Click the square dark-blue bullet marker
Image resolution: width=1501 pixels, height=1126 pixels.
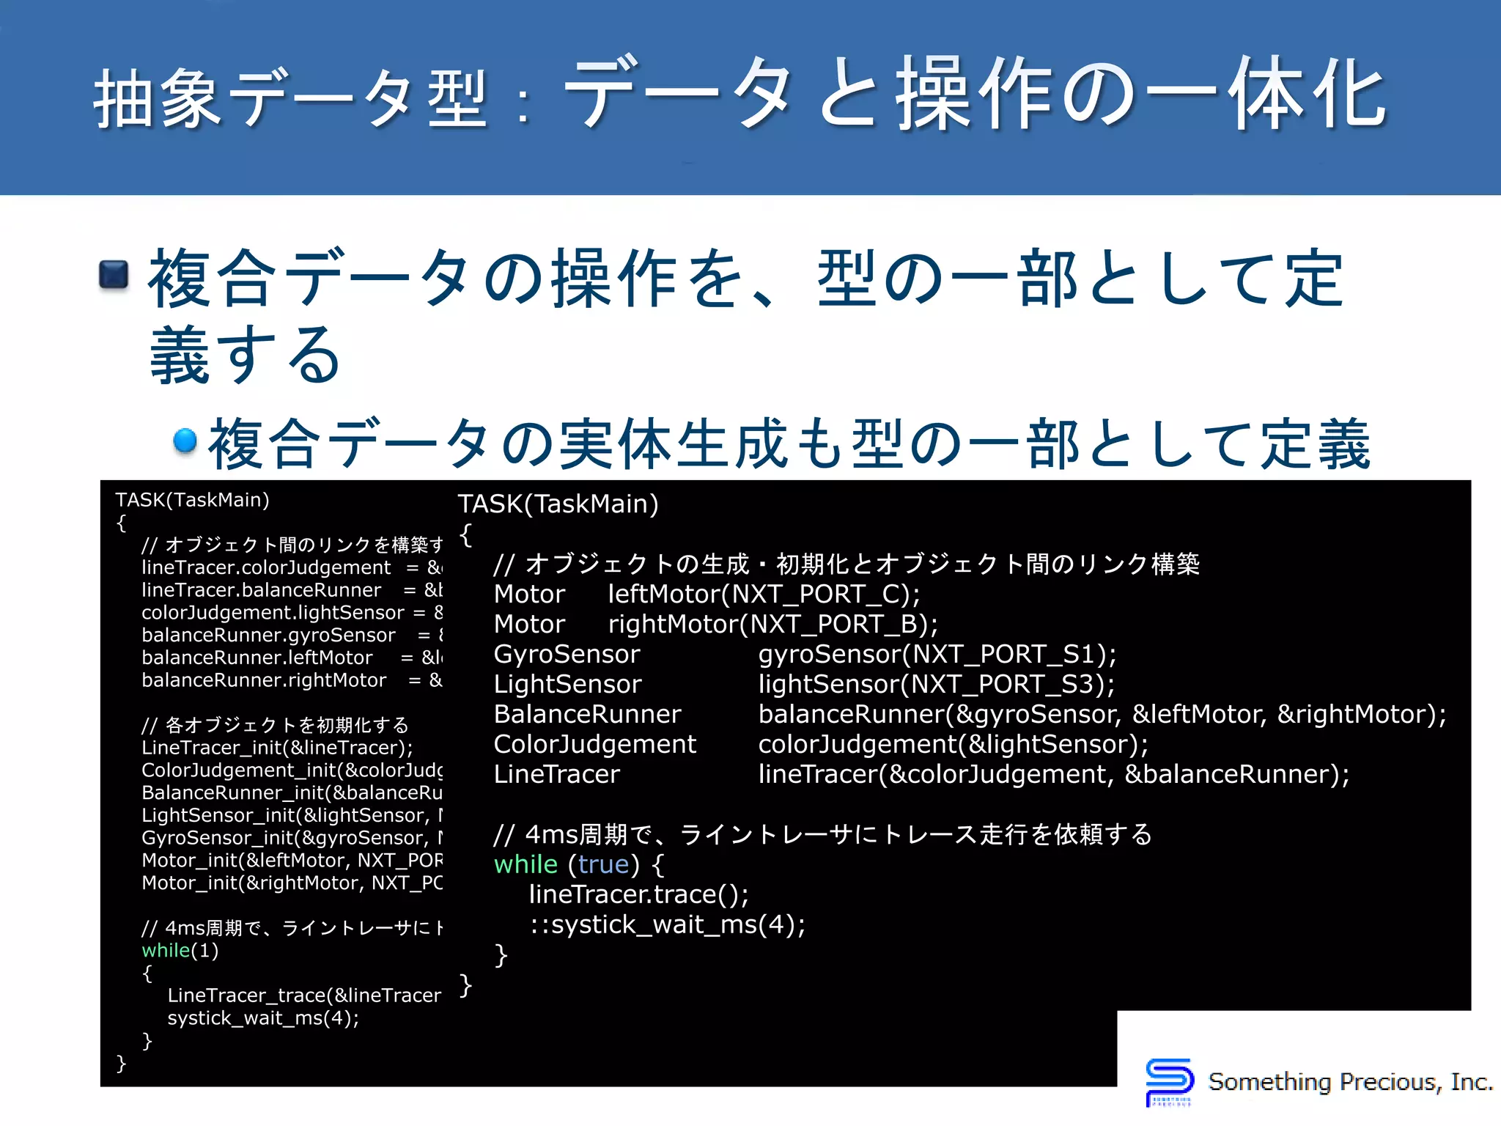(114, 275)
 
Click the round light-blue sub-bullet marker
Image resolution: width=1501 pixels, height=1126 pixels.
(185, 441)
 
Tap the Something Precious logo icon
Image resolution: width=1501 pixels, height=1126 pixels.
(1169, 1081)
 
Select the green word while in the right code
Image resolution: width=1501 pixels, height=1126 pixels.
(525, 865)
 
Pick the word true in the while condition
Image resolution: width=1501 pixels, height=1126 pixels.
(603, 865)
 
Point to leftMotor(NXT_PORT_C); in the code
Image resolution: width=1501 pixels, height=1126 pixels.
(764, 595)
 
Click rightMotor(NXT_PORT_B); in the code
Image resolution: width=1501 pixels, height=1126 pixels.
(772, 625)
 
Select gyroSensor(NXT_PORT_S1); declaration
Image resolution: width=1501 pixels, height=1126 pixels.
(937, 655)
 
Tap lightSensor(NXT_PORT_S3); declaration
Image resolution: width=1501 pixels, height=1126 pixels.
(936, 685)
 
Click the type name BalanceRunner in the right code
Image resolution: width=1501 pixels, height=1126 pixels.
(587, 715)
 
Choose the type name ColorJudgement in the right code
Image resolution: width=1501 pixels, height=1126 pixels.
(594, 745)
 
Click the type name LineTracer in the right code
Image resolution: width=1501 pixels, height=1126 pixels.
(556, 775)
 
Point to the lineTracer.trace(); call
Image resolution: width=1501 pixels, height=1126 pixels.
(638, 895)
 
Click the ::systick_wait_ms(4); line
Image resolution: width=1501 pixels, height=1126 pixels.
(667, 925)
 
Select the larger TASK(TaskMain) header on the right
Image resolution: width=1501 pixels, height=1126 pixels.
(558, 504)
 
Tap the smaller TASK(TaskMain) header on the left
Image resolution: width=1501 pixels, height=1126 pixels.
(192, 500)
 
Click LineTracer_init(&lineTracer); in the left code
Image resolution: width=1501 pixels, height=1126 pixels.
(277, 748)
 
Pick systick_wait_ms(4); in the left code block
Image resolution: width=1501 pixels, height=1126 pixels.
(263, 1018)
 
